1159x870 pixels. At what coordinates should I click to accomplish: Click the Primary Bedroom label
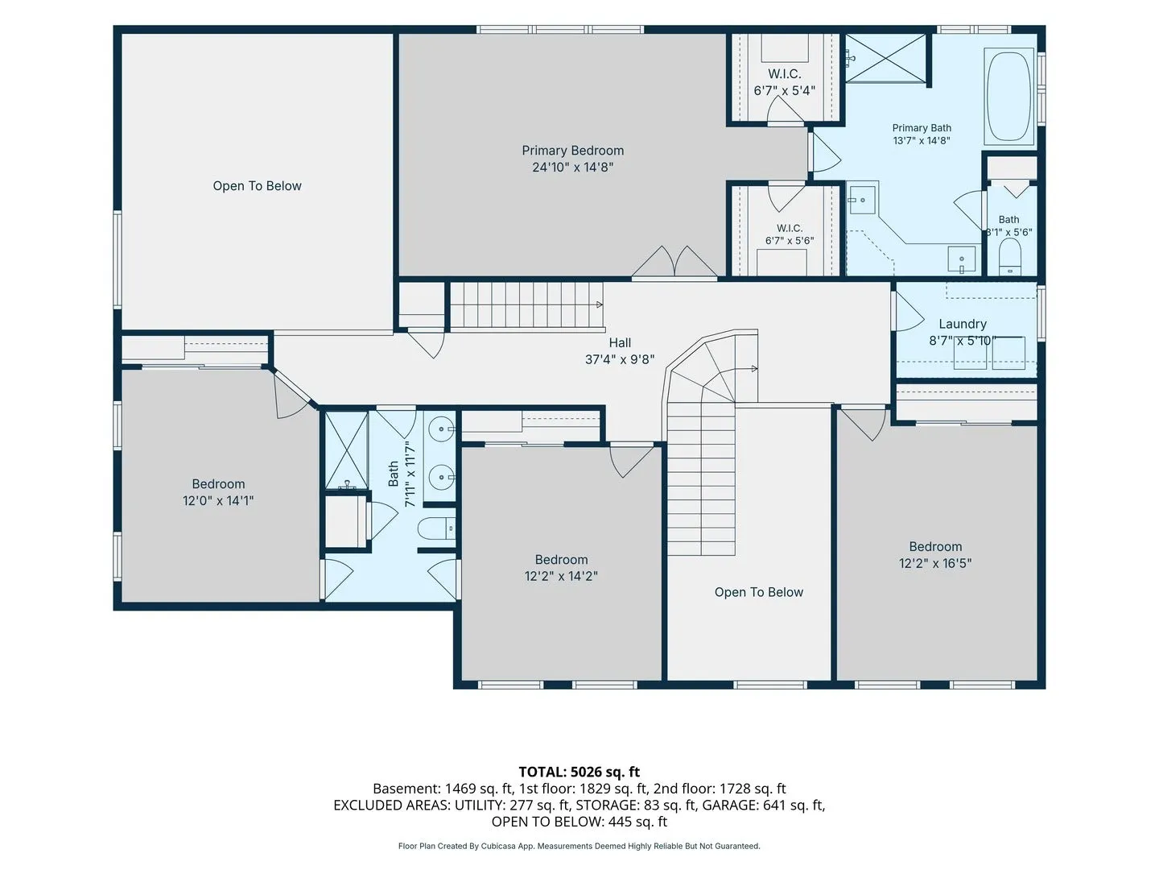point(572,151)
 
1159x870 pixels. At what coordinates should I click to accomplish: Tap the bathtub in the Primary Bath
point(1008,96)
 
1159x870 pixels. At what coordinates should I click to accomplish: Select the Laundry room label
point(962,324)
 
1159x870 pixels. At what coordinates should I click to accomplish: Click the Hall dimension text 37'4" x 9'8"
point(620,359)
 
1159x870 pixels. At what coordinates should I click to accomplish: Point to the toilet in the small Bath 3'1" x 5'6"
point(1010,257)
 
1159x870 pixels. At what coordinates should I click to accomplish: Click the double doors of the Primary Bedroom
point(674,262)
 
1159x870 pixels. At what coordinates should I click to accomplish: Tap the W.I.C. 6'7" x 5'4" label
point(784,82)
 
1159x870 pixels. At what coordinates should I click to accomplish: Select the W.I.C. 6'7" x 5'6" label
point(790,234)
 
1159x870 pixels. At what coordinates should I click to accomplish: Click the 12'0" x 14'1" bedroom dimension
point(218,500)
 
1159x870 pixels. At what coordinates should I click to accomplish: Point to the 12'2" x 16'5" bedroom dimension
point(935,563)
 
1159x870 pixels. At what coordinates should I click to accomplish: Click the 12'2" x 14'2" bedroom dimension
point(561,576)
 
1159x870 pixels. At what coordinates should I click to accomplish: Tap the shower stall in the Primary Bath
point(885,58)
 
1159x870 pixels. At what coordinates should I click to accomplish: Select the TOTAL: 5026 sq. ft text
point(579,772)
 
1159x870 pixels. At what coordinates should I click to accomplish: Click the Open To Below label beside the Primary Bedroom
point(257,186)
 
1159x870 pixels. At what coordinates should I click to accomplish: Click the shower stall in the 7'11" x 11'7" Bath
point(346,450)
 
